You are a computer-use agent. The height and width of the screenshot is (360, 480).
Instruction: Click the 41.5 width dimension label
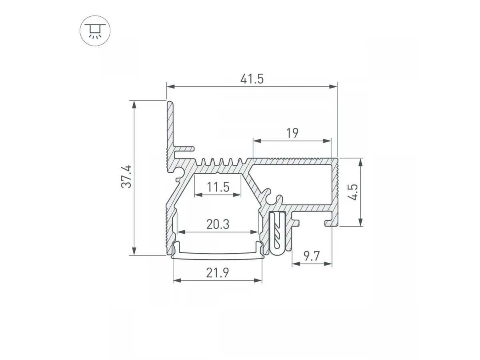click(252, 79)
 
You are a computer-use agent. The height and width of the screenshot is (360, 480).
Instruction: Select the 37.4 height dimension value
click(126, 177)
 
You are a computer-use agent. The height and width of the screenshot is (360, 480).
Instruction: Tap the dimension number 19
click(292, 133)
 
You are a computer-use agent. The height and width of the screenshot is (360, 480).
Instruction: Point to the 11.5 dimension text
click(218, 187)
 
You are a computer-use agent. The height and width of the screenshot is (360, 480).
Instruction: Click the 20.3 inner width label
click(218, 224)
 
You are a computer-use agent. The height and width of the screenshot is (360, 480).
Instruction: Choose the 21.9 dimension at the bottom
click(218, 272)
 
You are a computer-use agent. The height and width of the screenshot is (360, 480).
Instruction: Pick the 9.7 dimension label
click(312, 256)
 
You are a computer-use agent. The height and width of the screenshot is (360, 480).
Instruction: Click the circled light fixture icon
click(95, 31)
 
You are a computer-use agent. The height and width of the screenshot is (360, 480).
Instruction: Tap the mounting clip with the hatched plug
click(278, 233)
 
